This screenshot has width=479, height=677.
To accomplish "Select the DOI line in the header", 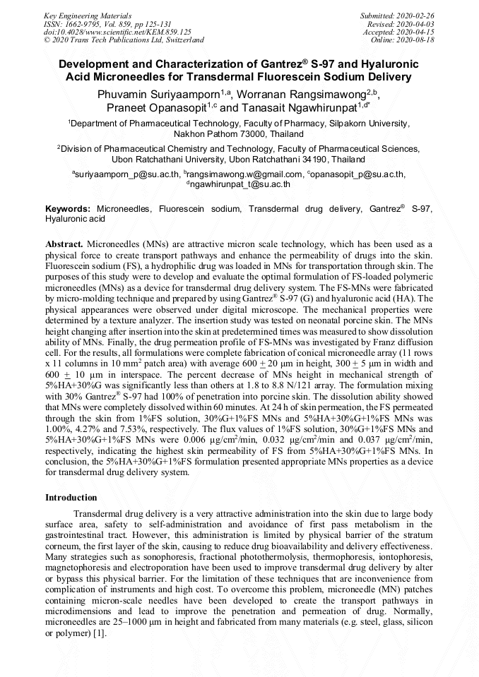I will (x=117, y=32).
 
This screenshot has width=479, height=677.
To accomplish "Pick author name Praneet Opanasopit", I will (x=157, y=107).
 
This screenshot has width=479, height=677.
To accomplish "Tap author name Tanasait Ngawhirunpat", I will (x=300, y=107).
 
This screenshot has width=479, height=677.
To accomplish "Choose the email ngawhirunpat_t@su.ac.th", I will (x=239, y=184).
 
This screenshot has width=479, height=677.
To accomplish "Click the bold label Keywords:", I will (x=68, y=210).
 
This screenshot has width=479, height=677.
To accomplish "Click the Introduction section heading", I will (x=71, y=498).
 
